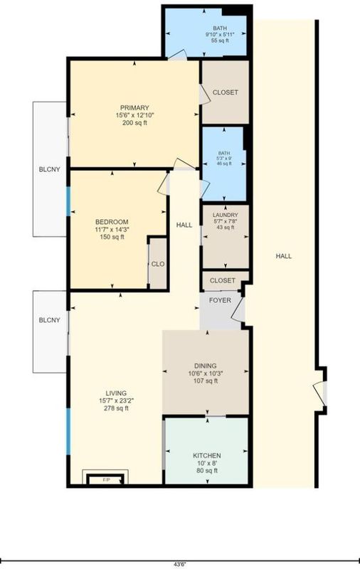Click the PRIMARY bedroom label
click(x=134, y=108)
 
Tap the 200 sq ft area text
click(x=134, y=123)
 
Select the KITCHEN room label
click(x=207, y=456)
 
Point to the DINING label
click(x=206, y=366)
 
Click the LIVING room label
click(x=116, y=393)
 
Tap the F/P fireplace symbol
click(x=106, y=479)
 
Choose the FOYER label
click(x=220, y=300)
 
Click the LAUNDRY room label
click(x=226, y=215)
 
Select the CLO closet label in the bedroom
click(x=158, y=264)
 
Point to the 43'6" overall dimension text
click(x=179, y=564)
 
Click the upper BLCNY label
click(x=50, y=169)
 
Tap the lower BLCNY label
click(x=50, y=321)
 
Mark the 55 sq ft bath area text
click(x=220, y=41)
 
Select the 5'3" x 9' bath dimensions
click(x=225, y=158)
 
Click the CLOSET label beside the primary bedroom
click(x=226, y=92)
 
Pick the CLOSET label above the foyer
click(x=223, y=280)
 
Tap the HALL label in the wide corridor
click(x=284, y=256)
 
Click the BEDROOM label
click(x=112, y=222)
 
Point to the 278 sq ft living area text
click(x=116, y=408)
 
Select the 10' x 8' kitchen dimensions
click(x=207, y=464)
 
